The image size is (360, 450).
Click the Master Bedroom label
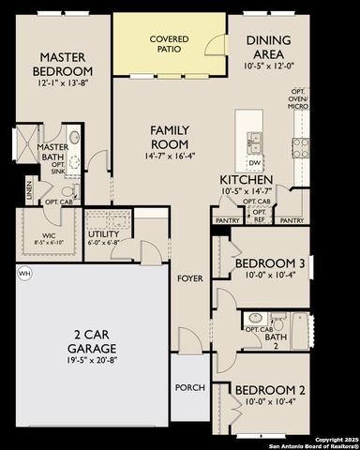pyautogui.click(x=63, y=65)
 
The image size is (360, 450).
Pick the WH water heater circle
pyautogui.click(x=23, y=273)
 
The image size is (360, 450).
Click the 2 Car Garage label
pyautogui.click(x=90, y=339)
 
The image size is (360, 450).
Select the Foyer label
pyautogui.click(x=191, y=278)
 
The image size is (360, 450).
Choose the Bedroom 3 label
pyautogui.click(x=270, y=264)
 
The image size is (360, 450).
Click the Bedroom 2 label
pyautogui.click(x=270, y=391)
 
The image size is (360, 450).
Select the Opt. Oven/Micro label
pyautogui.click(x=299, y=99)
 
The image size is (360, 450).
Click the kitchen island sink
pyautogui.click(x=254, y=142)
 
